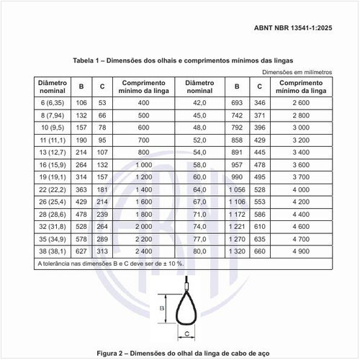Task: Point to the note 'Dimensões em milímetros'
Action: tap(297, 73)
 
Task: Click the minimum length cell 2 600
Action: tap(301, 103)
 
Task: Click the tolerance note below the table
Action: tap(107, 265)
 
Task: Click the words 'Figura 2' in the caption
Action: tap(114, 353)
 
